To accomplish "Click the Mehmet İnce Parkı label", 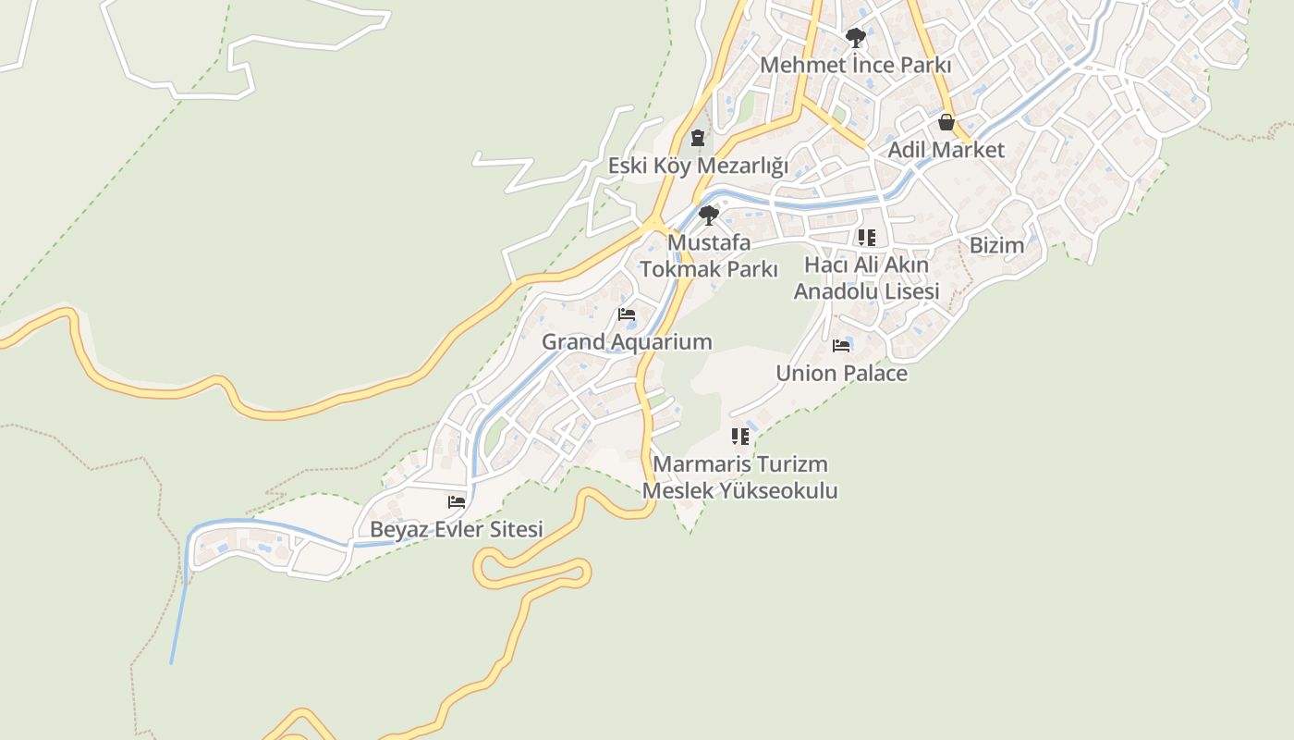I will [x=855, y=65].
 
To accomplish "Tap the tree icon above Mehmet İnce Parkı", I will [x=856, y=38].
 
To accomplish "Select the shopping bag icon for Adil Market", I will [x=946, y=122].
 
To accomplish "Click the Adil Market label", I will [x=946, y=149].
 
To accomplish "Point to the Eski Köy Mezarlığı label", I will [x=698, y=166].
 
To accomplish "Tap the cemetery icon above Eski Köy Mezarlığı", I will [x=698, y=138].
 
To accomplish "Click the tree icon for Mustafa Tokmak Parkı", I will [x=709, y=216].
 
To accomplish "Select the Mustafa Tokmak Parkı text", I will [x=709, y=255].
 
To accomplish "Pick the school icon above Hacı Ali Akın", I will [x=866, y=238].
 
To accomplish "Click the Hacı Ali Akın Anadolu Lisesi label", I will [x=867, y=277].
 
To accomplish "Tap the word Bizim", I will [x=996, y=245].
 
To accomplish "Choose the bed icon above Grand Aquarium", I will [x=627, y=314].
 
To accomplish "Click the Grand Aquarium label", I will [x=627, y=341].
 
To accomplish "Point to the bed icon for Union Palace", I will [x=841, y=346].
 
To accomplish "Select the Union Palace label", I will [x=841, y=373].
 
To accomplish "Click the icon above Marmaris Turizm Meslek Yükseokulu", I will [x=739, y=436].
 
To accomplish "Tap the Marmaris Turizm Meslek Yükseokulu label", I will [x=739, y=476].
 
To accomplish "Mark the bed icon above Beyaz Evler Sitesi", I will [x=457, y=502].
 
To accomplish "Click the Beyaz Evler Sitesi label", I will [x=457, y=529].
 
